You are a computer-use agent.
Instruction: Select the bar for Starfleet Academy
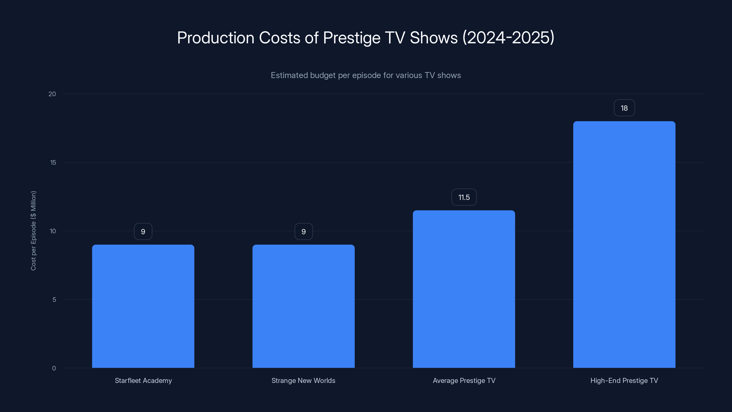coord(143,306)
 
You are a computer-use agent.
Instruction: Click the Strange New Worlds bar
coord(304,306)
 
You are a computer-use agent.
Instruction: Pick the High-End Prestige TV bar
coord(624,244)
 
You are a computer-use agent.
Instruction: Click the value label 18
coord(624,108)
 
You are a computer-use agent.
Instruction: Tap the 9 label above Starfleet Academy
coord(143,231)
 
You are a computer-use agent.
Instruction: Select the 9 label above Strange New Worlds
coord(304,231)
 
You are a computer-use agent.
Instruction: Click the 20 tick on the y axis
coord(52,94)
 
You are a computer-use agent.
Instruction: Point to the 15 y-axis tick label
coord(53,163)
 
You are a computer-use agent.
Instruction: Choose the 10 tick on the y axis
coord(53,231)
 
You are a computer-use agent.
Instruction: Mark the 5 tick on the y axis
coord(54,300)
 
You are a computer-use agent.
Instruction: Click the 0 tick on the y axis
coord(54,368)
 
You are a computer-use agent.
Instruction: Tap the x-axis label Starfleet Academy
coord(143,380)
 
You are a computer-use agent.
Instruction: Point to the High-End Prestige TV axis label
coord(624,380)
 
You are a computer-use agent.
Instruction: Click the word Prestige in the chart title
coord(352,38)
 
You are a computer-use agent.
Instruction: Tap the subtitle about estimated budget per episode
coord(366,75)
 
